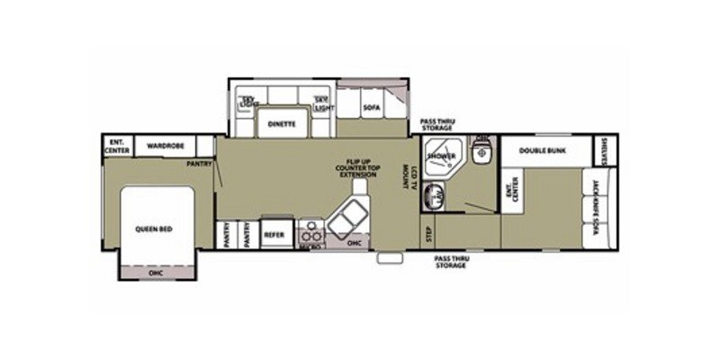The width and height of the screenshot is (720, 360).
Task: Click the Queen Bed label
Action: tap(154, 229)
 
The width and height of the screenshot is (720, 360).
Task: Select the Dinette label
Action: tap(281, 124)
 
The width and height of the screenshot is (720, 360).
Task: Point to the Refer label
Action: tap(274, 233)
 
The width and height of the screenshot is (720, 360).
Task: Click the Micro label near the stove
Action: tap(310, 244)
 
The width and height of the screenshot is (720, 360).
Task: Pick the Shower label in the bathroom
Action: tap(441, 156)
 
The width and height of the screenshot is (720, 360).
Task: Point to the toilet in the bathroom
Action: tap(481, 154)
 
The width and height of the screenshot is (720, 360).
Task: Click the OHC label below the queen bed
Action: tap(154, 271)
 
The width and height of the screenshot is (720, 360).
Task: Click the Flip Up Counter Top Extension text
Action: tap(353, 166)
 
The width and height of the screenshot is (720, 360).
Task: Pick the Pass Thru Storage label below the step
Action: tap(451, 262)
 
